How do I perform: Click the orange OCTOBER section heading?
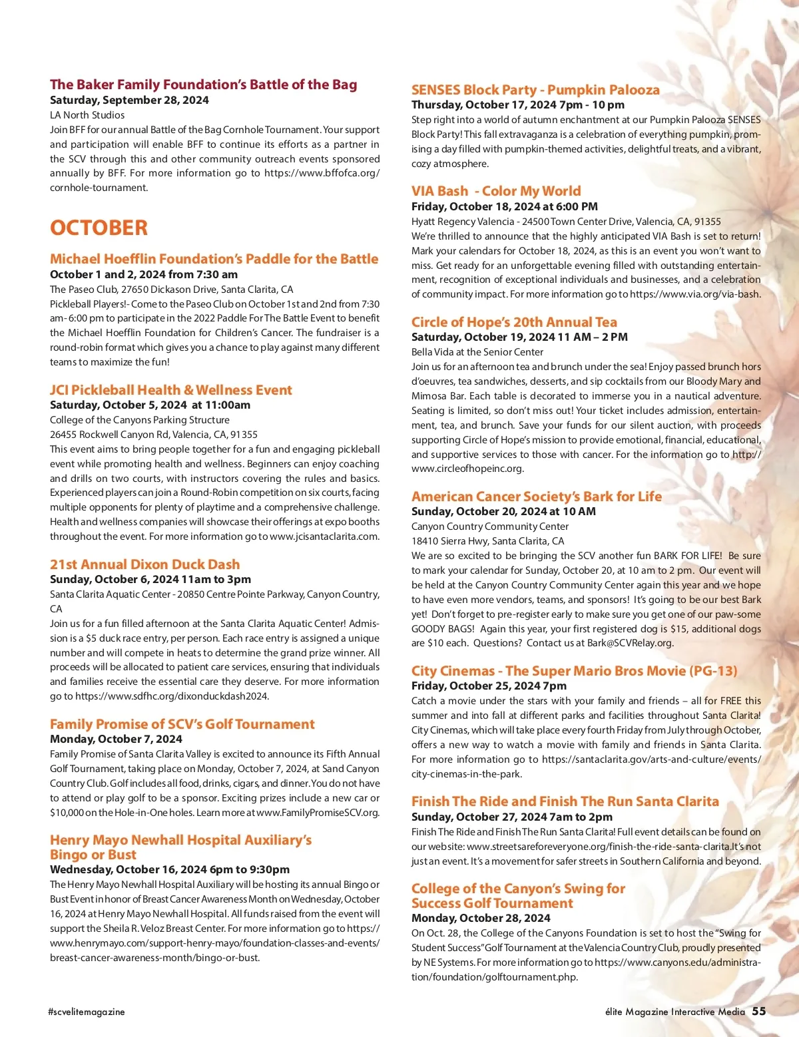click(x=99, y=228)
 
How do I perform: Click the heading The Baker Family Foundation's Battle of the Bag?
click(x=203, y=85)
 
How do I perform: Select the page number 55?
click(x=759, y=1011)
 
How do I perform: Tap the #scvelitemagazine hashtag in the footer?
click(x=87, y=1012)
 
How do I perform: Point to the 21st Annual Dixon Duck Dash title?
click(x=144, y=564)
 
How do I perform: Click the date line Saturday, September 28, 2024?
click(x=129, y=100)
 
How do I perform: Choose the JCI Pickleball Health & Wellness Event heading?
click(x=170, y=390)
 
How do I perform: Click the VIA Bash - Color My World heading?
click(x=496, y=191)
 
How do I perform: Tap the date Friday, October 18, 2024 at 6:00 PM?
click(x=505, y=206)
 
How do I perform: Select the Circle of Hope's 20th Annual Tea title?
click(x=514, y=322)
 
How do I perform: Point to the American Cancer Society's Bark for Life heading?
click(x=537, y=497)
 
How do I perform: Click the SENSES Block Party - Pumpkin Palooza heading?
click(x=535, y=90)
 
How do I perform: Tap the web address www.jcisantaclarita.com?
click(x=324, y=536)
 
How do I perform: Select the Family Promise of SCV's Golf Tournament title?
click(x=182, y=724)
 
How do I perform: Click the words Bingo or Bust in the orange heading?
click(x=93, y=855)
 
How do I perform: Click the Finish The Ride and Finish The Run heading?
click(x=565, y=801)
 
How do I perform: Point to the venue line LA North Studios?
click(x=87, y=115)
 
